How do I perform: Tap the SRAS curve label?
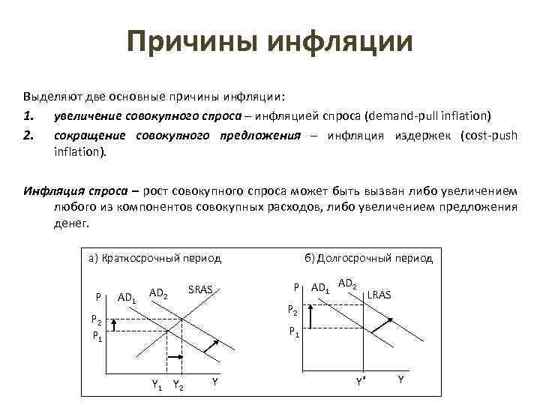(200, 289)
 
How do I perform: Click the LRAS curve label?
(379, 295)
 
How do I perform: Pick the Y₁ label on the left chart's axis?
(157, 385)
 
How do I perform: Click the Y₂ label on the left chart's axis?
(178, 385)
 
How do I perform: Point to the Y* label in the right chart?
(361, 381)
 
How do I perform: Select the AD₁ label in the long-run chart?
(320, 288)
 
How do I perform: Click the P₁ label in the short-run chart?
(97, 335)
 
